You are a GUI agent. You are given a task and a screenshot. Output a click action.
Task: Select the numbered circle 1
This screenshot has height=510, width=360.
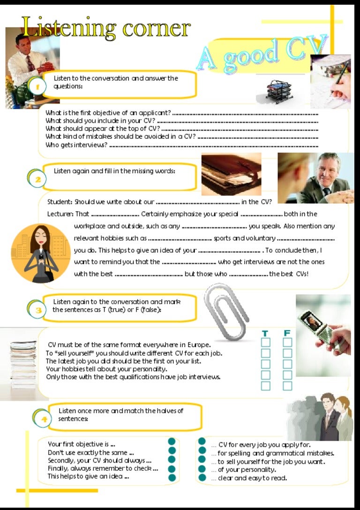37,86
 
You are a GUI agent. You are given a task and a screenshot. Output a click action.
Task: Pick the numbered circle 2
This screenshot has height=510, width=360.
38,179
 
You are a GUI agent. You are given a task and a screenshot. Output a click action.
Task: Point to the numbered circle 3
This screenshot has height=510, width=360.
38,310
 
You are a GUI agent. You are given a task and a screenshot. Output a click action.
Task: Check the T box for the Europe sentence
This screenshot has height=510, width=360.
265,343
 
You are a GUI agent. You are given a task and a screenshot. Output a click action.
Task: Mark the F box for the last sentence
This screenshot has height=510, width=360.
287,386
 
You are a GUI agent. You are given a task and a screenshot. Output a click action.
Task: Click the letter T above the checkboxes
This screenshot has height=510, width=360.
265,334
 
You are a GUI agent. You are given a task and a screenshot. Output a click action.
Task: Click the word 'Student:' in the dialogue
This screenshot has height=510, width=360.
60,202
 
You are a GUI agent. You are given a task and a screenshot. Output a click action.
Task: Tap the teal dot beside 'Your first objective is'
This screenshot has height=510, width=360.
172,441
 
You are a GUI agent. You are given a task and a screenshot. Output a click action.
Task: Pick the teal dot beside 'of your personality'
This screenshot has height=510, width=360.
202,469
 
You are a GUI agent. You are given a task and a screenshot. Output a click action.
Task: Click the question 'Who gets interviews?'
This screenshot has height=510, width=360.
76,145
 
